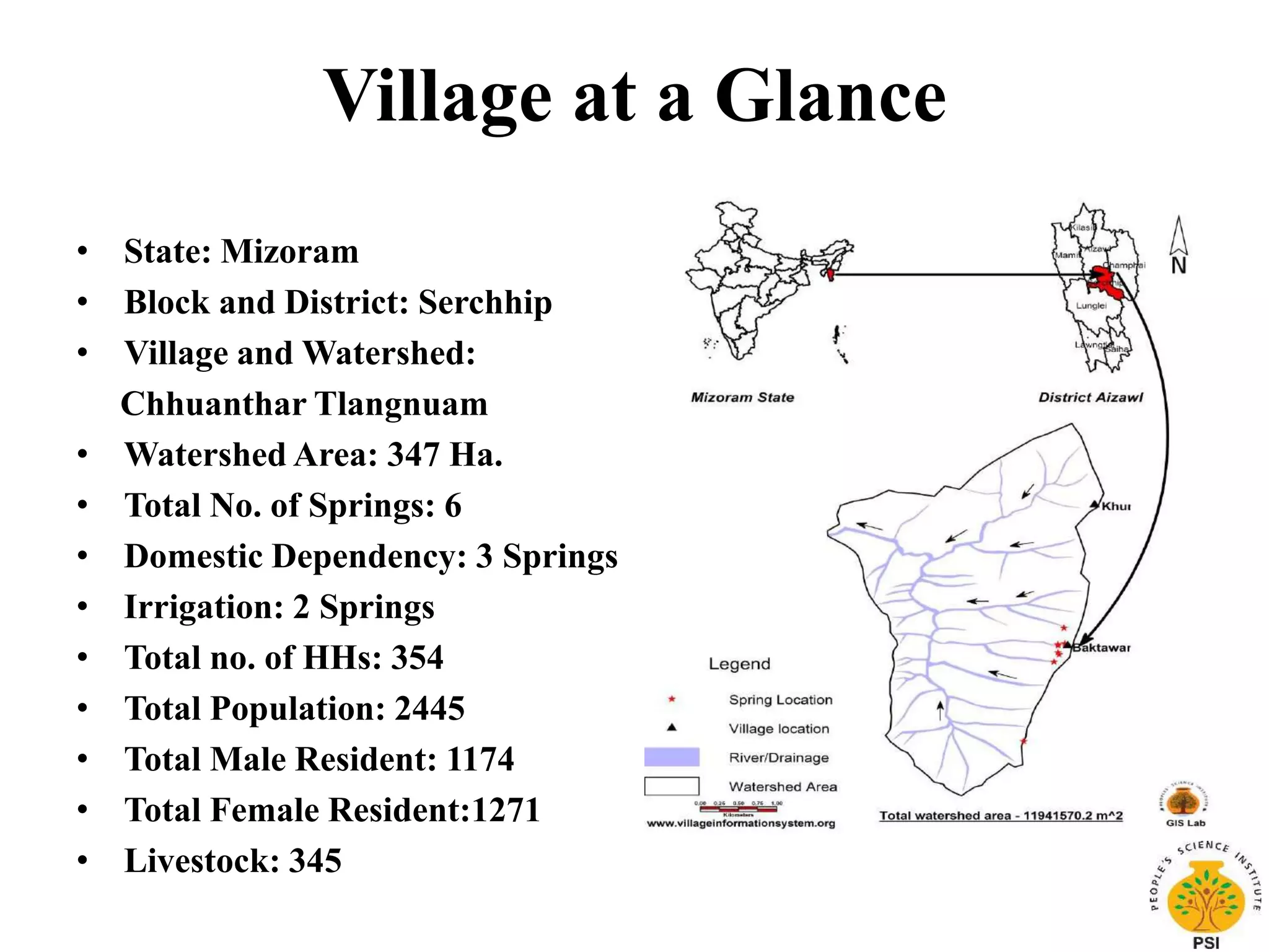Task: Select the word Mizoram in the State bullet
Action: click(290, 252)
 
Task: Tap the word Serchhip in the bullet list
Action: click(485, 302)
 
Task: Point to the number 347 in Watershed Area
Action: click(413, 454)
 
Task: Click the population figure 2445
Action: click(429, 708)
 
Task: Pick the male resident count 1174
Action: click(480, 759)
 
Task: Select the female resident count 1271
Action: click(506, 810)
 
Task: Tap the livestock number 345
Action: click(315, 861)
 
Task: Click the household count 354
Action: click(417, 658)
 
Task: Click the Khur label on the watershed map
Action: click(1116, 506)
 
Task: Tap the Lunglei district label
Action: click(1091, 306)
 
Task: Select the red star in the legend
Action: click(671, 699)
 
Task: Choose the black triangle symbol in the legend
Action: click(671, 728)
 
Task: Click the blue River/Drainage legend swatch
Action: click(672, 757)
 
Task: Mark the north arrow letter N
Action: click(1179, 266)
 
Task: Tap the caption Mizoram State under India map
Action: click(742, 397)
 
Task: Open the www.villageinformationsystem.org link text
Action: click(741, 824)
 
